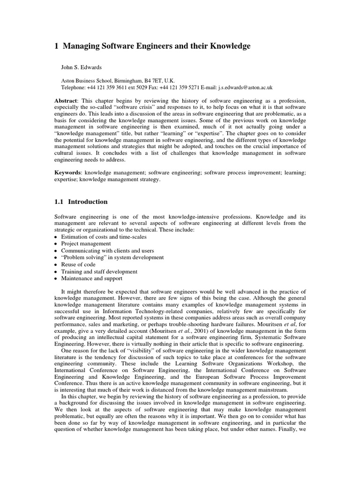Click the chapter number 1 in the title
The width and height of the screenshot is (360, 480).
tap(56, 46)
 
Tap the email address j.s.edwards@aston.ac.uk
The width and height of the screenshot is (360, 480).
tap(238, 87)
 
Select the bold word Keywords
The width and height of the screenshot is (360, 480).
tap(67, 173)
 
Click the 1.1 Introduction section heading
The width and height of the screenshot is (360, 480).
tap(81, 202)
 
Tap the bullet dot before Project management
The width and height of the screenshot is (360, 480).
tap(56, 244)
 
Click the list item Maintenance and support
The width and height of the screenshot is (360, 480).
tap(91, 278)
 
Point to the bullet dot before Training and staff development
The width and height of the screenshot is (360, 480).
tap(56, 271)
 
